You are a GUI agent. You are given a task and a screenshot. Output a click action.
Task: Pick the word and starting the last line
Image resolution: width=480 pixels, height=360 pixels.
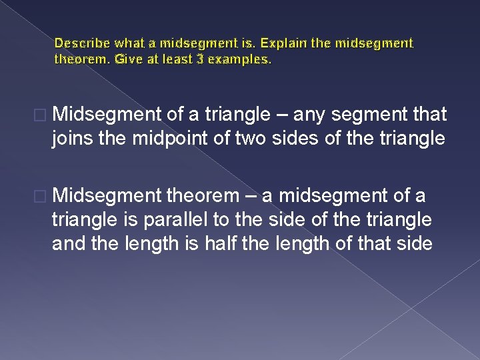[x=69, y=243]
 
